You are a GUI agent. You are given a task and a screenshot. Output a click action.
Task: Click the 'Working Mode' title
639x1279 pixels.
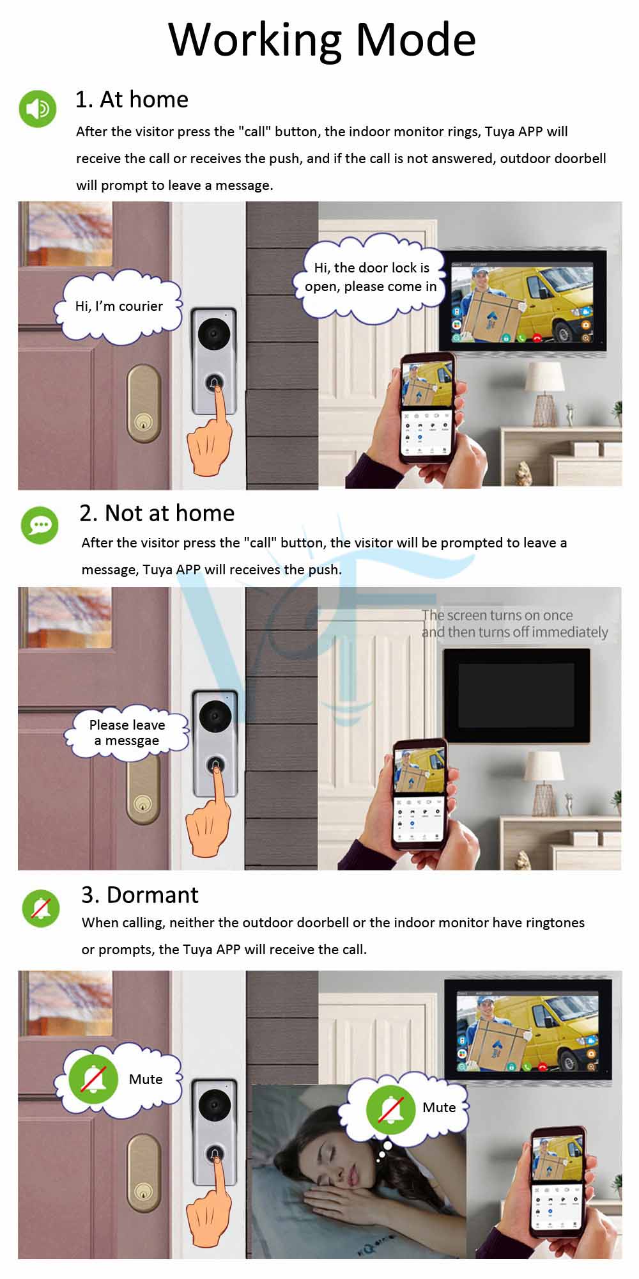(x=322, y=40)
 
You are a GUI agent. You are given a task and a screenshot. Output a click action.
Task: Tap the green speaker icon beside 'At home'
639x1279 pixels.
(x=38, y=109)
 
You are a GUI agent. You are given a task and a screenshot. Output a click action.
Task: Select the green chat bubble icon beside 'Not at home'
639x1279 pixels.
(x=40, y=526)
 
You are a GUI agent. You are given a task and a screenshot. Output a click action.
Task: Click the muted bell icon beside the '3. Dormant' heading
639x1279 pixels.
(x=41, y=908)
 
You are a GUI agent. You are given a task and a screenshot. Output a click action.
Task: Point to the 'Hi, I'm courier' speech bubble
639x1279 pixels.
(x=119, y=306)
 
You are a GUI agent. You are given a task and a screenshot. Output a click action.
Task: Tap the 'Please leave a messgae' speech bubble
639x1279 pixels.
(x=127, y=732)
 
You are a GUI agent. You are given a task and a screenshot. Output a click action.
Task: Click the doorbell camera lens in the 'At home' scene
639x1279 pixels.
(x=214, y=333)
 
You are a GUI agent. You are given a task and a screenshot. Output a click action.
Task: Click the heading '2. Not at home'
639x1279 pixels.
(x=157, y=513)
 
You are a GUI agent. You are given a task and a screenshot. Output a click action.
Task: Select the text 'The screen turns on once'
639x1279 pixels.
(x=497, y=615)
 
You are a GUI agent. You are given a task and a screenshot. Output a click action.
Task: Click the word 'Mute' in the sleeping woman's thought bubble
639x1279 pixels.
(x=439, y=1108)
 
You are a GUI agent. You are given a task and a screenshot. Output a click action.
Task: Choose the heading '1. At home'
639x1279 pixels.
(x=132, y=99)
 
